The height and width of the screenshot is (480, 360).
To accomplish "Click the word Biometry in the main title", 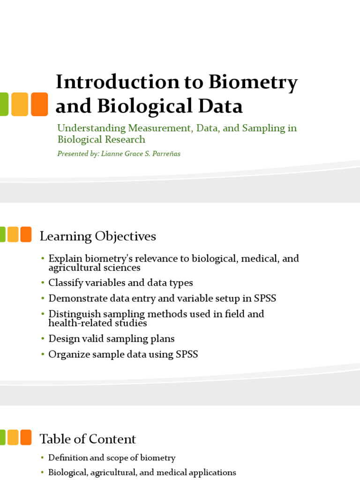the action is coord(253,83).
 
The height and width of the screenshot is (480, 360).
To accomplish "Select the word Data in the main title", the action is coord(220,106).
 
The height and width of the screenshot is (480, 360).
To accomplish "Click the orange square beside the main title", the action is coord(39,104).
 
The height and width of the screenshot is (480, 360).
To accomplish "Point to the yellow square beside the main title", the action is coord(20,104).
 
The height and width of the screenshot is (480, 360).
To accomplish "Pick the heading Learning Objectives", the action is coord(98,236).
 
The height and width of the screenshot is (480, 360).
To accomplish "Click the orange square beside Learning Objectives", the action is coord(26,234).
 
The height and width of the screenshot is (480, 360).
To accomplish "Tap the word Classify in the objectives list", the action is coord(66,283).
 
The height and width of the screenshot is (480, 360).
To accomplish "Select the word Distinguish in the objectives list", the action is coord(75,314).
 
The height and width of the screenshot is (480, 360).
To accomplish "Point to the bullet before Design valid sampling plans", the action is coord(43,338).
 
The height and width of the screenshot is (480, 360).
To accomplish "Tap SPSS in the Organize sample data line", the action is coord(187,354).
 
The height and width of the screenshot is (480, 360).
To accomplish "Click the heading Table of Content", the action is coord(88,439).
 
